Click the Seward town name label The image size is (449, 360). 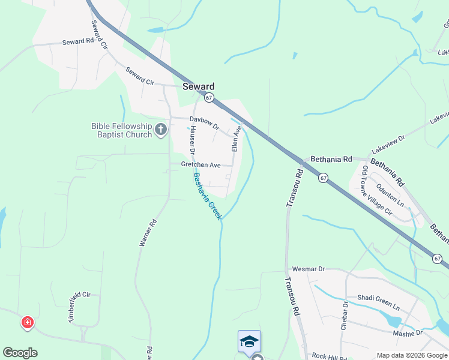coord(198,86)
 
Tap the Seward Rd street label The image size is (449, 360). coord(79,43)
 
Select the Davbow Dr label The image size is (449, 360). coord(205,123)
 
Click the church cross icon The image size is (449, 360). coord(160,129)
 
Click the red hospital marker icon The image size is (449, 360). coord(27,323)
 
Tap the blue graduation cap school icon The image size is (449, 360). coord(249,342)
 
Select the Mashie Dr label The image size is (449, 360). coord(408,332)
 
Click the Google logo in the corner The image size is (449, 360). coord(20,353)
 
